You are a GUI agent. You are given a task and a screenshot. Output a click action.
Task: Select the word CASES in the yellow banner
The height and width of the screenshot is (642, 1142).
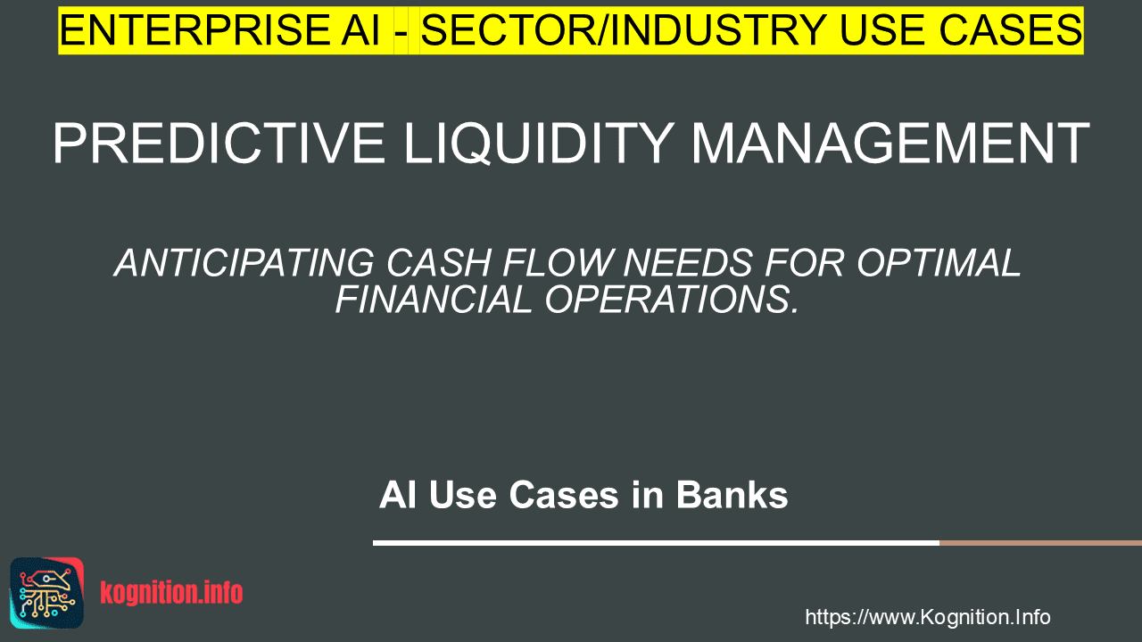1010,30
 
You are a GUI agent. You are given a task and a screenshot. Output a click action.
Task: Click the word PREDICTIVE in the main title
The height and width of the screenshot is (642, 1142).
219,144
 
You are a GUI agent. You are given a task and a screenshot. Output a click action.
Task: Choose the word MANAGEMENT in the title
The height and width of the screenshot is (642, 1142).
890,144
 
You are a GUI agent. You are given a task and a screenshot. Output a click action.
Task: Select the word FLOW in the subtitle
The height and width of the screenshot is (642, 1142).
557,263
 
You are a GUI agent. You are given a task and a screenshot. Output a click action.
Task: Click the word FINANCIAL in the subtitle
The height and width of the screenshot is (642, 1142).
434,300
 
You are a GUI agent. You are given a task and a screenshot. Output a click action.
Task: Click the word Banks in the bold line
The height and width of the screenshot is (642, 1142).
732,495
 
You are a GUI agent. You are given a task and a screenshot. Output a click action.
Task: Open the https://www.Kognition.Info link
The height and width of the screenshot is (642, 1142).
928,617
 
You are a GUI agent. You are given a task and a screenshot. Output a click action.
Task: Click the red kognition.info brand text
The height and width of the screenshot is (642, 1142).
172,593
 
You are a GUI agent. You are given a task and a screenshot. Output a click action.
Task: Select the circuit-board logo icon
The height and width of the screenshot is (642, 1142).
47,593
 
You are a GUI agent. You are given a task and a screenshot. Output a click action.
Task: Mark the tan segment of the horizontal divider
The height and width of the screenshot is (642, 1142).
1040,543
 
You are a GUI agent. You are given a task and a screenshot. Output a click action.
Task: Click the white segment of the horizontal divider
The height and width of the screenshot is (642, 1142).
656,543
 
